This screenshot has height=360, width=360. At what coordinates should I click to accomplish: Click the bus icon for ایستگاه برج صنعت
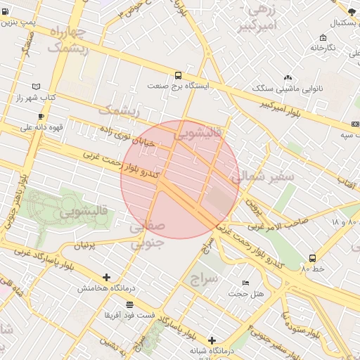tap(178, 75)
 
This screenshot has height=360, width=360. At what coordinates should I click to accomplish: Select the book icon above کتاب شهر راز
tap(37, 85)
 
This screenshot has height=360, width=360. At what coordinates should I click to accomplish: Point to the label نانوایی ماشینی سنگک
tap(288, 89)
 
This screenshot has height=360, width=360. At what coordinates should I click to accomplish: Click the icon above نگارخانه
tap(322, 37)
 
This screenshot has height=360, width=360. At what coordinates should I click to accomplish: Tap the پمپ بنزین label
tap(18, 22)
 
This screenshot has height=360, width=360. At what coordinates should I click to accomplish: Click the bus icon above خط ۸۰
tap(312, 258)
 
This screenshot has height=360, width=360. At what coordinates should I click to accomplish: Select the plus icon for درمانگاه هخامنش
tap(106, 277)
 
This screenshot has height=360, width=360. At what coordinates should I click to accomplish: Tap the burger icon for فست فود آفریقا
tap(129, 304)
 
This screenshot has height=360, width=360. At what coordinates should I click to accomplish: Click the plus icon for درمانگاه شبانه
tap(211, 340)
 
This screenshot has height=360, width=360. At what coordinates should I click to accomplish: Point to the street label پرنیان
tap(83, 246)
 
